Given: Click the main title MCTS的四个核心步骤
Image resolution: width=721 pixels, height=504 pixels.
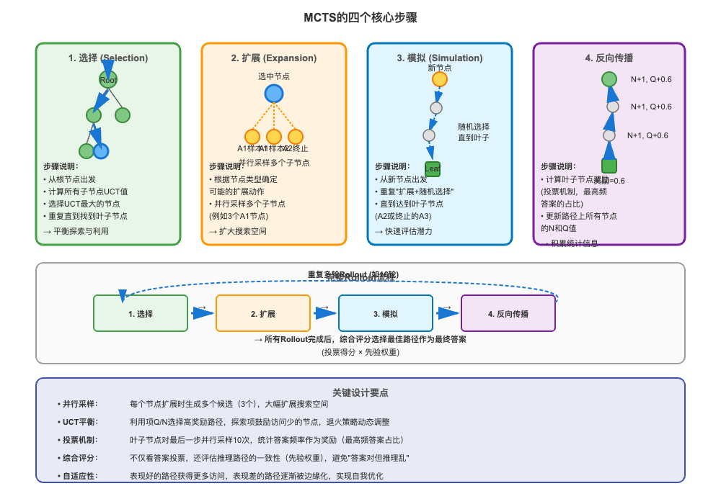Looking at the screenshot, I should point(360,17).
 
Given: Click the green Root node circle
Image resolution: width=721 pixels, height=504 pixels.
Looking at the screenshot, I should point(108,80).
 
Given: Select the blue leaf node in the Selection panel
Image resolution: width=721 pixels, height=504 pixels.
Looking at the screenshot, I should point(101,150).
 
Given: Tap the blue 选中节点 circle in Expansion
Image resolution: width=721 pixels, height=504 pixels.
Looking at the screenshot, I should point(273,94).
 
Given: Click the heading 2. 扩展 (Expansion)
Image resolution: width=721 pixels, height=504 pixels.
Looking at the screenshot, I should point(273,58).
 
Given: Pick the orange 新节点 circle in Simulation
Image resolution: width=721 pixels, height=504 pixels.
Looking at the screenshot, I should point(440,79).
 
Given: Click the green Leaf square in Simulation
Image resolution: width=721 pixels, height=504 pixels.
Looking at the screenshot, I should point(433,169).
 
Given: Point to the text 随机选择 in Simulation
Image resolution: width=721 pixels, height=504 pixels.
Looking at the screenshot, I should point(474,126).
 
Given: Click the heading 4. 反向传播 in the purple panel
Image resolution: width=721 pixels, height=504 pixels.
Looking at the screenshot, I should point(609,58).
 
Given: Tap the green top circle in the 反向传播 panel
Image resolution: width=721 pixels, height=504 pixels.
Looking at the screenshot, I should point(609,79).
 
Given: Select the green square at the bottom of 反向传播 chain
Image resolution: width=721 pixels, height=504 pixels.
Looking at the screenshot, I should point(609,166).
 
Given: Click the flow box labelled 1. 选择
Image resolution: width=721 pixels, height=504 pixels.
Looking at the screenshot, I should point(141,313).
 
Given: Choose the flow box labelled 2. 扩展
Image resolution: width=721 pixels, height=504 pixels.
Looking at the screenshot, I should point(263,313).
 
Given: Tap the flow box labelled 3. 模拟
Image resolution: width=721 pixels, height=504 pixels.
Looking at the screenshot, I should point(386,313).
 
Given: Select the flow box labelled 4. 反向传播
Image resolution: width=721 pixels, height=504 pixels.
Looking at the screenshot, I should point(508,313).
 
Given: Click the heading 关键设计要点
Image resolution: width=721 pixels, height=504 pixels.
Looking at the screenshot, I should point(360,392).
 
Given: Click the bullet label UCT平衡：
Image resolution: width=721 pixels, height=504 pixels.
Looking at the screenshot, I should point(79,422).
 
